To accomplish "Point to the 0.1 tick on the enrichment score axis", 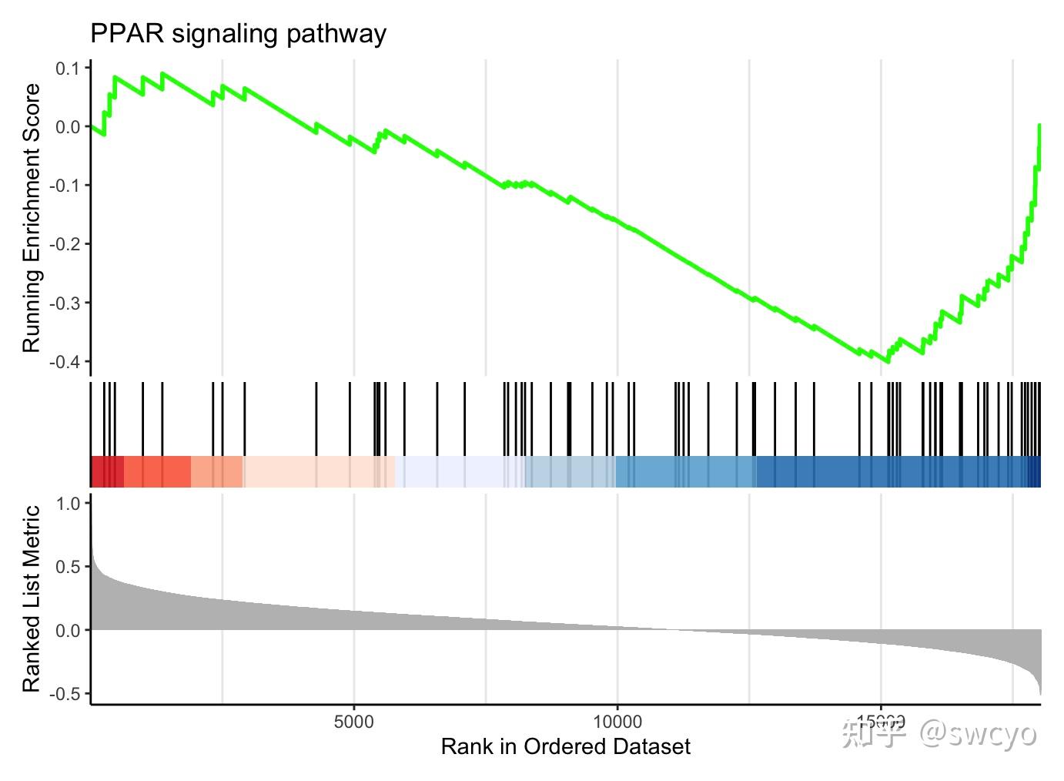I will (x=68, y=69).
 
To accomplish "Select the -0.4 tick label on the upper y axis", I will (x=65, y=361).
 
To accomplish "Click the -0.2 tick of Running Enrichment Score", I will (x=65, y=244).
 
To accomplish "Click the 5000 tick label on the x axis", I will (x=353, y=722).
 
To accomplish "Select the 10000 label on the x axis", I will (x=617, y=722).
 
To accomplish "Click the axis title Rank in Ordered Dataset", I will (x=565, y=746).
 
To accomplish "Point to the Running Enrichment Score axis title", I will (x=31, y=218).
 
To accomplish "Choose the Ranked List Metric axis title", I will (x=31, y=598).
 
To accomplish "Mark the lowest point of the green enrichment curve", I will (x=888, y=361).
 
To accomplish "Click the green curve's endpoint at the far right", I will (x=1039, y=125).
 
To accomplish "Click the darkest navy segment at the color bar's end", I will (x=1034, y=471).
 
